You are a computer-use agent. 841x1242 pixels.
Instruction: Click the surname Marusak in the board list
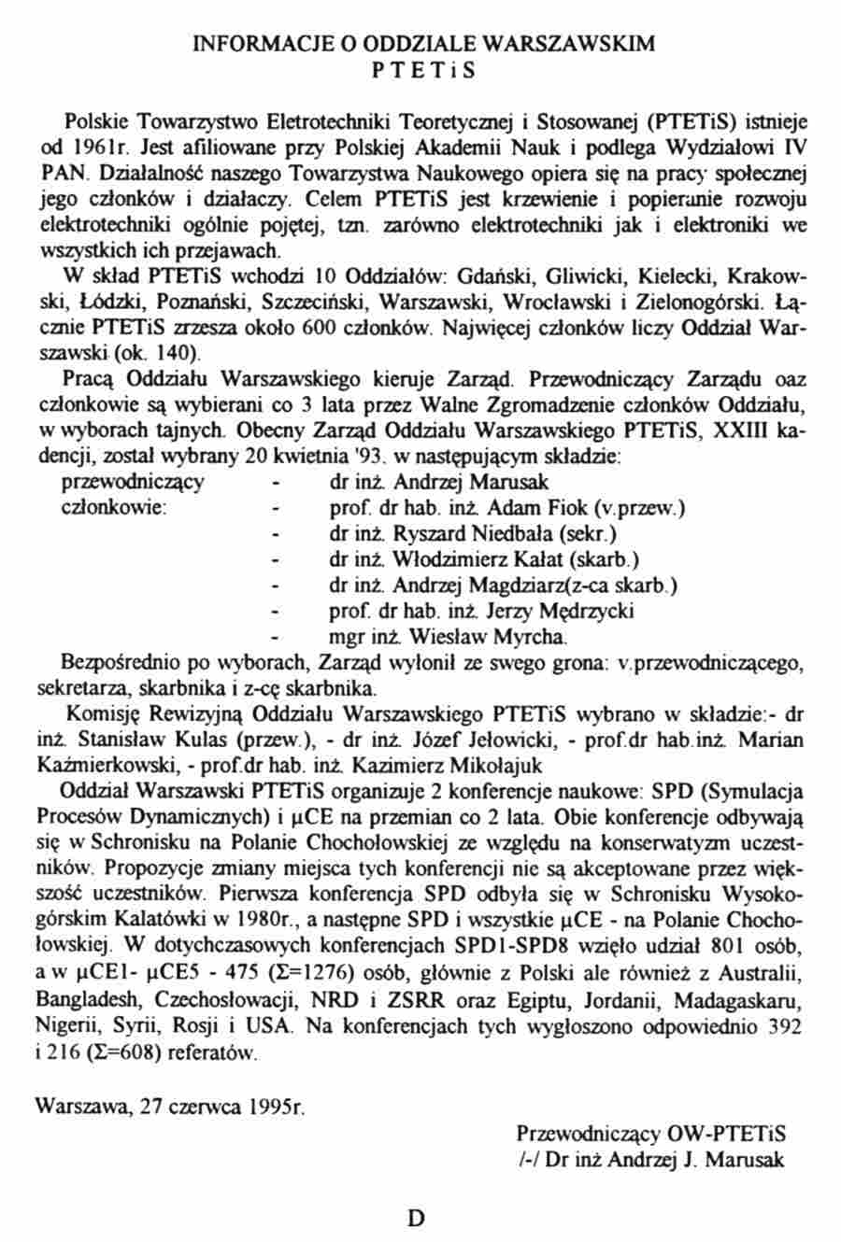pos(512,484)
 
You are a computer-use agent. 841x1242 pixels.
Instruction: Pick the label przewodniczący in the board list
pos(133,484)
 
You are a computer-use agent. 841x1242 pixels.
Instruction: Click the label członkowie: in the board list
pos(114,510)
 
